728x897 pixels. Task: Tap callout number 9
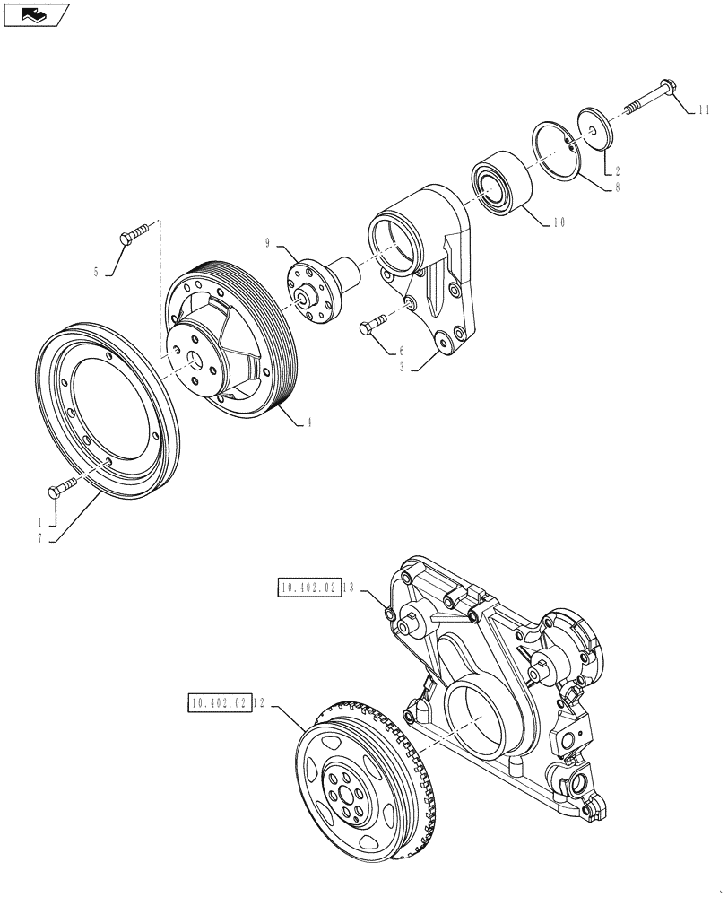click(x=267, y=242)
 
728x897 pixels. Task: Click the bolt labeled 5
click(x=132, y=237)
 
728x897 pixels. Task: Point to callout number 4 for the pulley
click(x=309, y=422)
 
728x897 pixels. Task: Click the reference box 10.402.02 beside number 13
click(x=308, y=588)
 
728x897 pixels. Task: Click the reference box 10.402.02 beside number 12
click(x=218, y=703)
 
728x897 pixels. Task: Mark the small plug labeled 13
click(x=389, y=614)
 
